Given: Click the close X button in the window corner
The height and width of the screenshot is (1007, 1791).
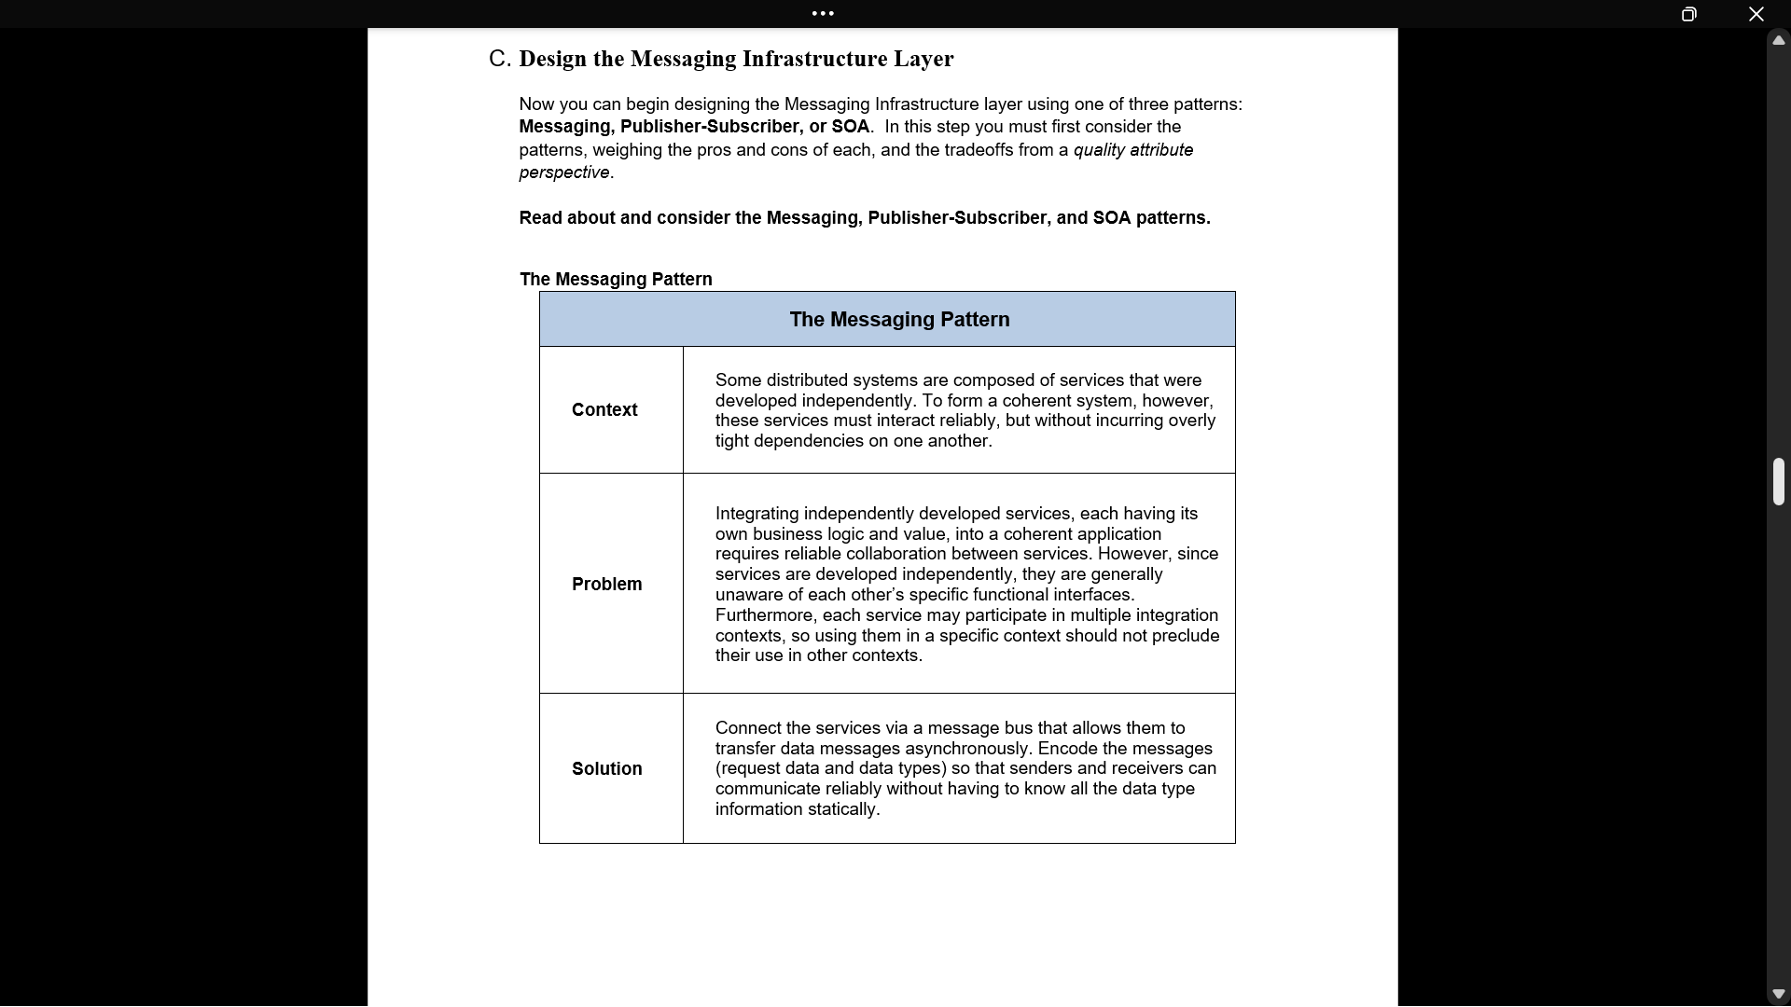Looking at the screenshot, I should tap(1756, 14).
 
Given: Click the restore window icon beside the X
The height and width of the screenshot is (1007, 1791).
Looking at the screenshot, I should tap(1688, 14).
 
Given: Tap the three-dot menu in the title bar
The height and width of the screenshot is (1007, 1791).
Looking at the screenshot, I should tap(823, 13).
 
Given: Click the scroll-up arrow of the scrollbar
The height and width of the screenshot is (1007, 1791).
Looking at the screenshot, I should tap(1778, 40).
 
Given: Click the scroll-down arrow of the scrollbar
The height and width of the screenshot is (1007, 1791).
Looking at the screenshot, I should tap(1778, 994).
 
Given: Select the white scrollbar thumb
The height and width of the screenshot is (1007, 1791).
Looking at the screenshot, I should tap(1778, 481).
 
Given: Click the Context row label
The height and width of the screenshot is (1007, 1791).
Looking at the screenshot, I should tap(604, 410).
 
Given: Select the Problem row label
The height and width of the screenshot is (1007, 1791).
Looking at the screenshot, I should tap(606, 585).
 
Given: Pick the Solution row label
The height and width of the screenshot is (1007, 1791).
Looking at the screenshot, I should tap(606, 769).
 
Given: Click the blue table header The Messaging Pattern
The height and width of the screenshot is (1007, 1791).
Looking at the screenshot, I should tap(899, 320).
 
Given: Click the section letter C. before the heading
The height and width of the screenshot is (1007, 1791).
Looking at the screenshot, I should tap(499, 59).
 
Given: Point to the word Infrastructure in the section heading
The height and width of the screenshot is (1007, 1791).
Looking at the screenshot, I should tap(814, 59).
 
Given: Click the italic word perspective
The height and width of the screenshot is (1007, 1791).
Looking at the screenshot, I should tap(563, 172).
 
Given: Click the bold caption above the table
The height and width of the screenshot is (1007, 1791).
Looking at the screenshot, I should tap(616, 280).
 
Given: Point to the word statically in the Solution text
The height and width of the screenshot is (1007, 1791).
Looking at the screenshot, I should tap(842, 809).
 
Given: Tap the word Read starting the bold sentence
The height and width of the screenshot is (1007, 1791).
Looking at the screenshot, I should tap(540, 218).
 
